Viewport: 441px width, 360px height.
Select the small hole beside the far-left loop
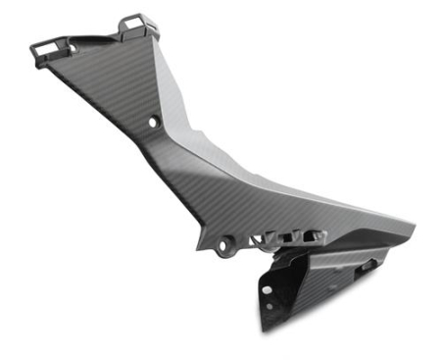coord(71,47)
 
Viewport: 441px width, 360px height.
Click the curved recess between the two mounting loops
coord(98,37)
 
